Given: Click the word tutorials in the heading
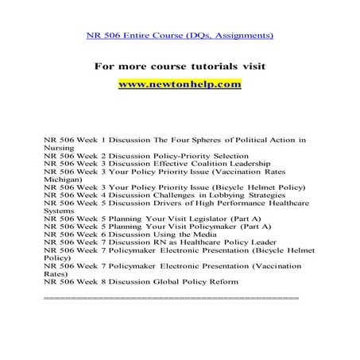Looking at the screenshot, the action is (205, 65).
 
